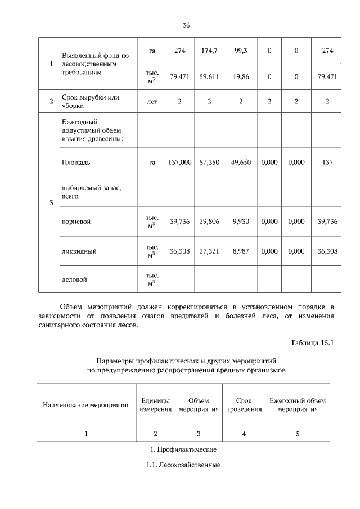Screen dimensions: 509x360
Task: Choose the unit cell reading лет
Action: [152, 102]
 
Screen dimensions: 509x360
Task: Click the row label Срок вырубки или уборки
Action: [90, 102]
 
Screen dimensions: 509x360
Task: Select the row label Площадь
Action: [76, 162]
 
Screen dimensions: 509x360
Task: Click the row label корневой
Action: [76, 222]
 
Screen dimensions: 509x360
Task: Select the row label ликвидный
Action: [79, 251]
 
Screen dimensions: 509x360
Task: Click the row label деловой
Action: [74, 279]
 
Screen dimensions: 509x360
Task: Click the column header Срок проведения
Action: [244, 405]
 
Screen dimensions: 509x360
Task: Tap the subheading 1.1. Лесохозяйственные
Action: [183, 465]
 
